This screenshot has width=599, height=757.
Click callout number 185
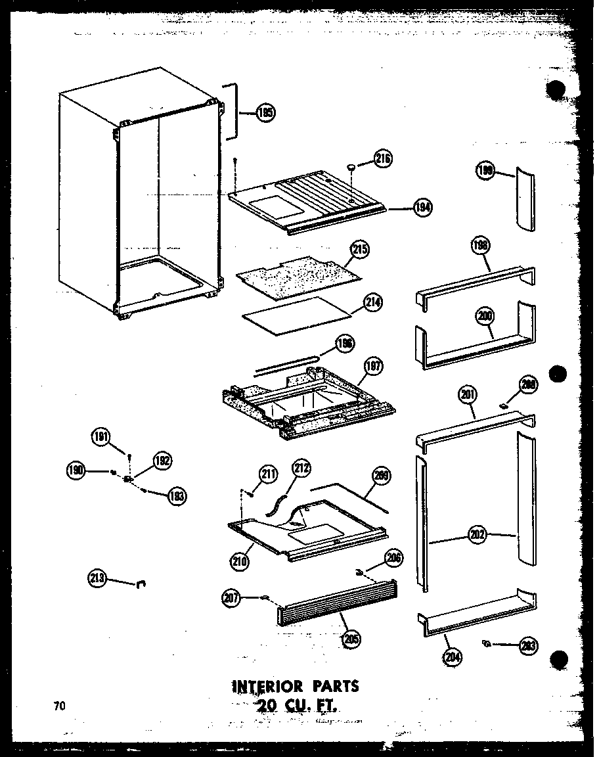265,112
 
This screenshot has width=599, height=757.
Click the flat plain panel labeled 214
296,313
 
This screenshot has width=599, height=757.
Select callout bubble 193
175,495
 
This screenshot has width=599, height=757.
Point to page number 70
60,706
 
